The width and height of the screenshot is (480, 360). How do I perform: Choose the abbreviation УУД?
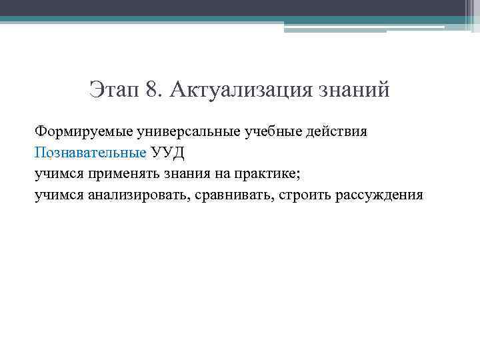click(168, 153)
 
